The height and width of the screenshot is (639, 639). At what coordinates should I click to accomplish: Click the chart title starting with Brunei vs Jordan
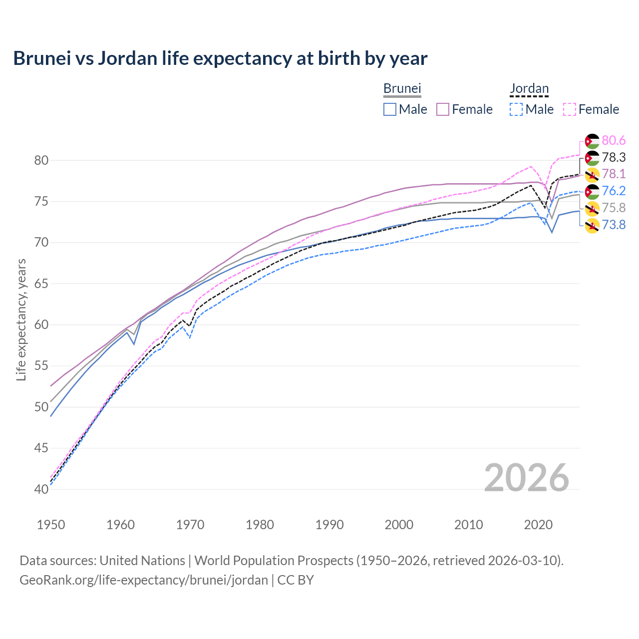pyautogui.click(x=220, y=58)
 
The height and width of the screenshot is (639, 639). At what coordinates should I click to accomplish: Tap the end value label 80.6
pyautogui.click(x=614, y=141)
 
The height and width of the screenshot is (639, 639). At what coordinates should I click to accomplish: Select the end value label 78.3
pyautogui.click(x=614, y=158)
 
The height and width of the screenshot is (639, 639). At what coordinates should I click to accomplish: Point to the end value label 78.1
pyautogui.click(x=614, y=174)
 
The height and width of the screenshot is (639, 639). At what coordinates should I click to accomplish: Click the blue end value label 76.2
pyautogui.click(x=614, y=191)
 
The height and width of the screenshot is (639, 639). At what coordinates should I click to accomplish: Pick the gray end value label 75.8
pyautogui.click(x=614, y=208)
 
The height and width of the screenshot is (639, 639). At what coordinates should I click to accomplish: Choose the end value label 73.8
pyautogui.click(x=614, y=225)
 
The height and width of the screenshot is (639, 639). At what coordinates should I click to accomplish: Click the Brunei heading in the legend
pyautogui.click(x=402, y=88)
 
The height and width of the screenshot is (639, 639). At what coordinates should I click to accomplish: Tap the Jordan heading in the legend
pyautogui.click(x=529, y=88)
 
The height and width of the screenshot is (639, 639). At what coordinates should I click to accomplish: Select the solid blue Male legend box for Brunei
pyautogui.click(x=390, y=109)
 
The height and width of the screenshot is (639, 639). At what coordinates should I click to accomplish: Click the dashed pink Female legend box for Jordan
pyautogui.click(x=570, y=109)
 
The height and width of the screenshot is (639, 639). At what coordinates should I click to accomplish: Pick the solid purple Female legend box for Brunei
pyautogui.click(x=443, y=109)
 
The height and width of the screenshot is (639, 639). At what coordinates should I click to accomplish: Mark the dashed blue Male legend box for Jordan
pyautogui.click(x=516, y=109)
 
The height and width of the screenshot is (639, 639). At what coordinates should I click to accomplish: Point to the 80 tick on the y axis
pyautogui.click(x=41, y=160)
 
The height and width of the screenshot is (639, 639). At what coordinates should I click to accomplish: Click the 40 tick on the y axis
pyautogui.click(x=41, y=489)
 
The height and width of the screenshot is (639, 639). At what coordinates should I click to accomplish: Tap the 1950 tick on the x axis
pyautogui.click(x=51, y=525)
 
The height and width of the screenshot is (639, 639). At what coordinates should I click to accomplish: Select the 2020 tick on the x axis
pyautogui.click(x=538, y=525)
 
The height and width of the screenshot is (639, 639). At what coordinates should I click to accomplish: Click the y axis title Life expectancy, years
pyautogui.click(x=21, y=319)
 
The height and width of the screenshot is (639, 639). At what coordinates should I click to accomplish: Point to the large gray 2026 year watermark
pyautogui.click(x=526, y=478)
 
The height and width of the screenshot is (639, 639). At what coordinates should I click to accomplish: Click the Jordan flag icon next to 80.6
pyautogui.click(x=592, y=141)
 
